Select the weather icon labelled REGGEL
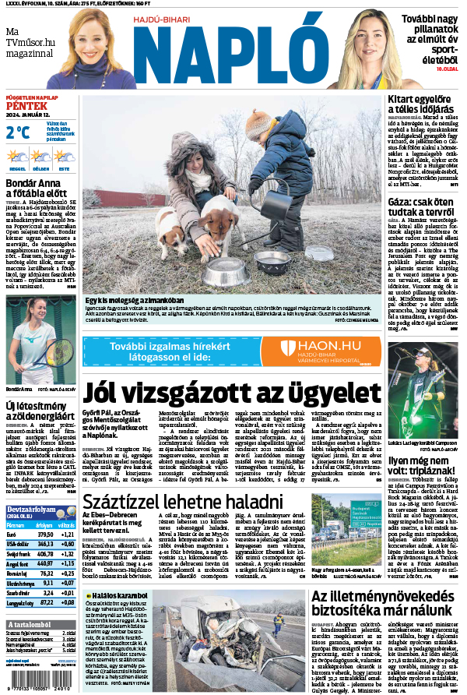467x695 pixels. (17, 157)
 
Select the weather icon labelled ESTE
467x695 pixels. (63, 157)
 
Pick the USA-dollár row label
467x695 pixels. (21, 545)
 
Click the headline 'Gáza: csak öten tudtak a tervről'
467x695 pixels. (423, 206)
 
